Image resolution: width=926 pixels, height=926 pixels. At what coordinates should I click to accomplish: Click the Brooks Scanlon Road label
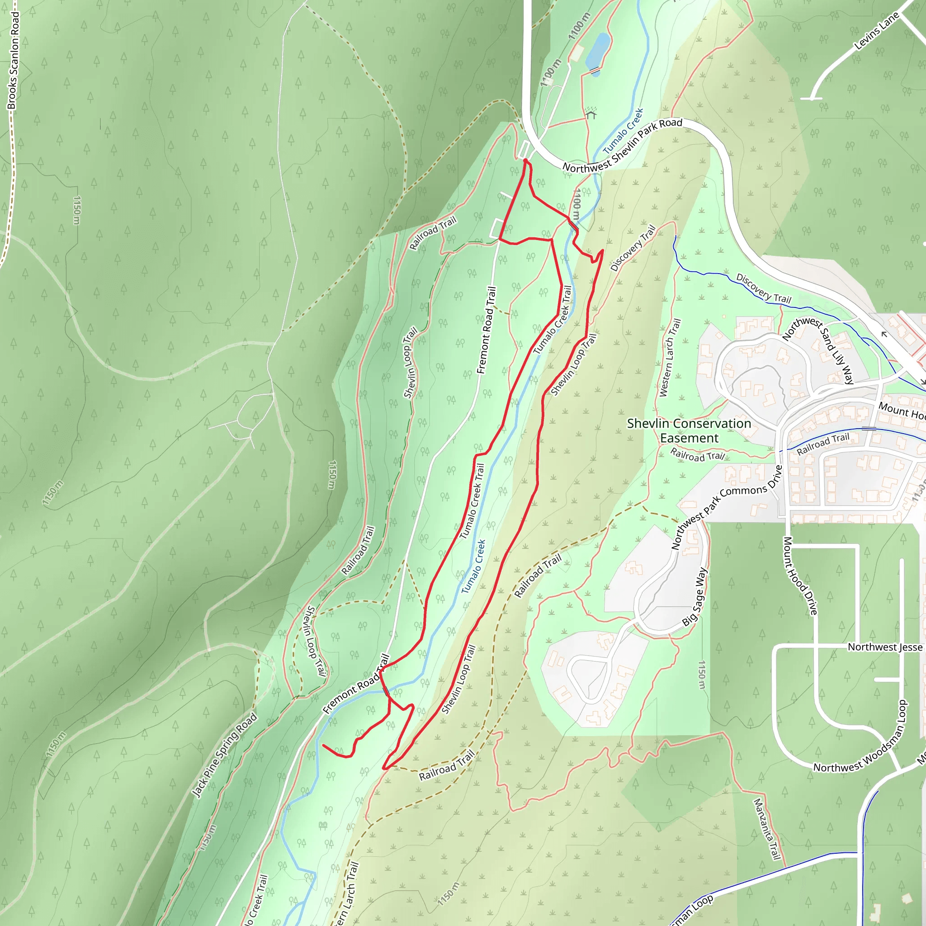click(x=14, y=61)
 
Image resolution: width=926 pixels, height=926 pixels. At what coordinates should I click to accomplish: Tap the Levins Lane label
click(x=877, y=31)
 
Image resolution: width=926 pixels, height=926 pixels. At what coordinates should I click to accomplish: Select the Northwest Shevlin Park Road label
click(x=622, y=145)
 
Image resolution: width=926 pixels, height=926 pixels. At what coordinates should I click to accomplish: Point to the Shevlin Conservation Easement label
click(x=689, y=430)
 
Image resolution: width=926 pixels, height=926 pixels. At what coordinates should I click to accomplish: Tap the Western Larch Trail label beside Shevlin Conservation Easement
click(x=670, y=358)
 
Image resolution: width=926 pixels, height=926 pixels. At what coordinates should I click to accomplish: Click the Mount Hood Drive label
click(x=799, y=576)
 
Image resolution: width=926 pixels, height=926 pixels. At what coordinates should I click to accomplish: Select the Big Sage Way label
click(x=694, y=597)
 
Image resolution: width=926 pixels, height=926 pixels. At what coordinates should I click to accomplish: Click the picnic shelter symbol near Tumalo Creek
click(x=591, y=114)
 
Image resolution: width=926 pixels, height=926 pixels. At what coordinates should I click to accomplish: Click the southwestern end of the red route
click(x=324, y=745)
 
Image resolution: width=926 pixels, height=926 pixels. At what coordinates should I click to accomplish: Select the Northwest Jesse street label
click(x=885, y=647)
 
